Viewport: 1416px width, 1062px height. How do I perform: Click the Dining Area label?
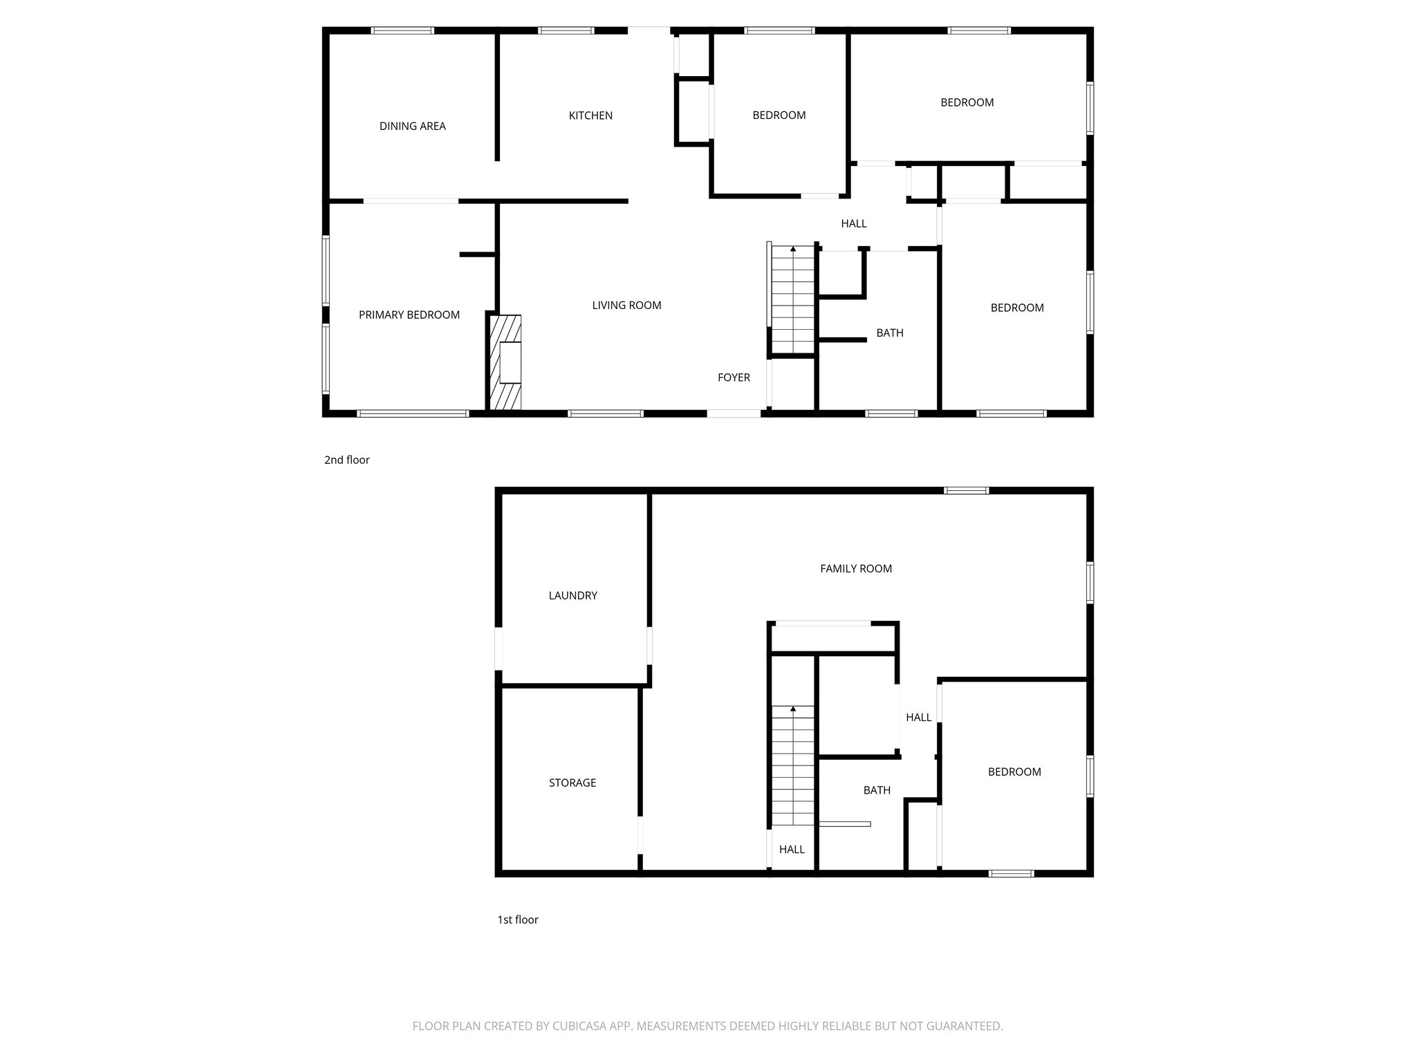(412, 126)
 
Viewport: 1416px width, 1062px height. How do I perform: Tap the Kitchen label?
(590, 115)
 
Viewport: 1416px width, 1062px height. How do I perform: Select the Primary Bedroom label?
(409, 315)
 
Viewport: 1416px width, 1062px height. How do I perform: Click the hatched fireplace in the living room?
(505, 363)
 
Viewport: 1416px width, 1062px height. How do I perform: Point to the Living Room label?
(626, 305)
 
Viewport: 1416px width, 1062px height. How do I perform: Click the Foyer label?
(734, 378)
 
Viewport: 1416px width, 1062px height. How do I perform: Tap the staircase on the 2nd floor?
(793, 301)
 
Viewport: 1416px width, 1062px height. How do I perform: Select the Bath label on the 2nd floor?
(890, 333)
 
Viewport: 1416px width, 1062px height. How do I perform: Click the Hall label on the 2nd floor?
(854, 223)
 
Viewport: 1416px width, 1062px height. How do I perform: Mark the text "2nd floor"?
(346, 460)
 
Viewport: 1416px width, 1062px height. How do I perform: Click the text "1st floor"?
(517, 920)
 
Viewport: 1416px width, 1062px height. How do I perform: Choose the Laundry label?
(572, 595)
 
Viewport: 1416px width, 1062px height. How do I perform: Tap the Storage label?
(572, 783)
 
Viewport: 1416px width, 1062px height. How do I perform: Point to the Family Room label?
(856, 568)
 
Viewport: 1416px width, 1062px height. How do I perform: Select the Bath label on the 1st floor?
(877, 790)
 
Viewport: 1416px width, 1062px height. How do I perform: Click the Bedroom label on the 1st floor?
(1014, 772)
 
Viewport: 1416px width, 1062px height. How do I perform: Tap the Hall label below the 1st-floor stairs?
(792, 849)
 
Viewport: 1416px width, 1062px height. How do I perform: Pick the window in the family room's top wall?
(967, 491)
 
